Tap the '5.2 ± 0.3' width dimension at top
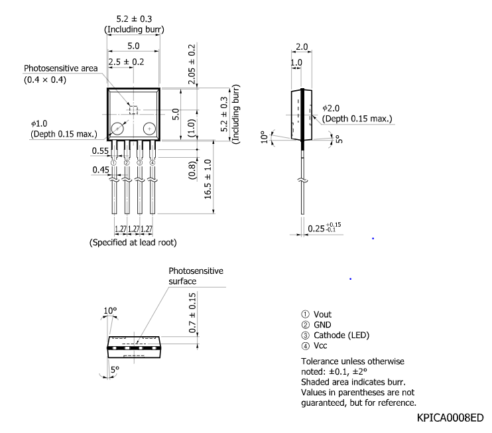[133, 19]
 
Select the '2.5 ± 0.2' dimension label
[126, 62]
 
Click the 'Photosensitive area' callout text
[60, 68]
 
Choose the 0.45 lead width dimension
[100, 170]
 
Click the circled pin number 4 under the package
[153, 162]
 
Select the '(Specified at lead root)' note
[133, 243]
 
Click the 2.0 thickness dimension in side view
[302, 47]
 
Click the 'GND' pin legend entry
[322, 325]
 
